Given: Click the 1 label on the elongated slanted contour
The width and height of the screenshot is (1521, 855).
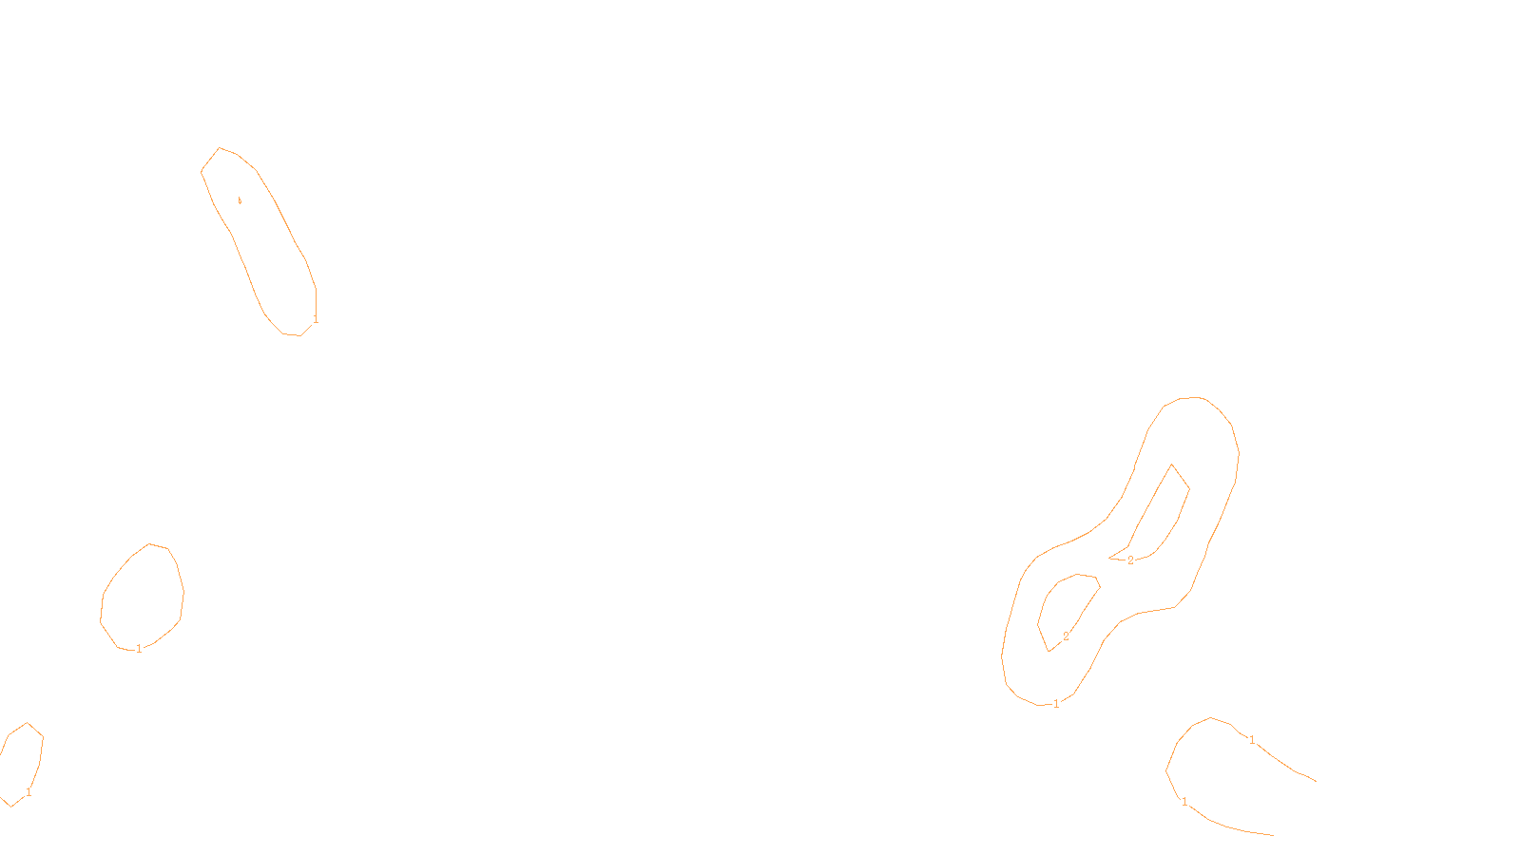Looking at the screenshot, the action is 316,319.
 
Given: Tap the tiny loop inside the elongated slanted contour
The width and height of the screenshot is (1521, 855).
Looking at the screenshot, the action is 240,200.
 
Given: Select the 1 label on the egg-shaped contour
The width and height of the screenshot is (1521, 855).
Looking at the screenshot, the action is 139,649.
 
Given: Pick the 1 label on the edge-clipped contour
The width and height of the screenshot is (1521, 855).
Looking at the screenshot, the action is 29,792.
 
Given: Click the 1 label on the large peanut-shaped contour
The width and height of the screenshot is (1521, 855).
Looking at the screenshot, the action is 1056,704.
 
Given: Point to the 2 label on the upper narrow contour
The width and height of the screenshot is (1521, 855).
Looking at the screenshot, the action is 1130,560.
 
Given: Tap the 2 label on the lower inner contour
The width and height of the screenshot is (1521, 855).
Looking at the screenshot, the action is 1066,636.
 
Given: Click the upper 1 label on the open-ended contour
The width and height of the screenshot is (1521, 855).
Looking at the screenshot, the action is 1252,739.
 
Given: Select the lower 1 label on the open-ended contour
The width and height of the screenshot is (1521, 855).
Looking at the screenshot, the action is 1184,802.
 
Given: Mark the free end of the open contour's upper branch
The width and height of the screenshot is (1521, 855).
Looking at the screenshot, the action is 1316,781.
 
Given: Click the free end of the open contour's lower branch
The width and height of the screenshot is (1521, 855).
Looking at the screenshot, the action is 1273,835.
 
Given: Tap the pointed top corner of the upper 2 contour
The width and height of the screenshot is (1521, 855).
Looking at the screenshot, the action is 1172,465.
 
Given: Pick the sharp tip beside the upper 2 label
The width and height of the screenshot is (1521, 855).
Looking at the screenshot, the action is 1109,558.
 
